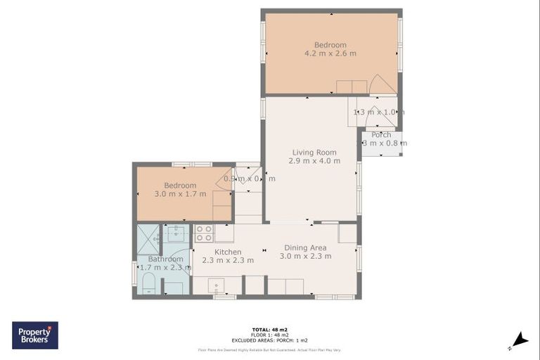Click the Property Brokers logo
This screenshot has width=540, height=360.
point(35,335)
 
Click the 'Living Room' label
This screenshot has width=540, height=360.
point(314,152)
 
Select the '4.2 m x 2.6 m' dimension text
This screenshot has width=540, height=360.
point(330,53)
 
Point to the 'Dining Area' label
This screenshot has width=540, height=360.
point(304,247)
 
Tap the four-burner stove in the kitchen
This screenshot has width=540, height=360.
point(204,233)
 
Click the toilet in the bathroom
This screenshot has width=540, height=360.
point(148,285)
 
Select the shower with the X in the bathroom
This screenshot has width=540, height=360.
point(148,238)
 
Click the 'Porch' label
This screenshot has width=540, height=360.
point(381,135)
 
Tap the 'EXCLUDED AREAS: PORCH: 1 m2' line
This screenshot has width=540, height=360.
point(269,340)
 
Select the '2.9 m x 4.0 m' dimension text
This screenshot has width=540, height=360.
point(314,161)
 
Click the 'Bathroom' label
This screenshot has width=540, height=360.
point(165,259)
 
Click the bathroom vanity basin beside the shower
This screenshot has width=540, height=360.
point(176,233)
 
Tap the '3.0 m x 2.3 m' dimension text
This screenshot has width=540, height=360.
point(305,257)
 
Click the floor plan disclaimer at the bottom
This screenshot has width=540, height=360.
point(269,349)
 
